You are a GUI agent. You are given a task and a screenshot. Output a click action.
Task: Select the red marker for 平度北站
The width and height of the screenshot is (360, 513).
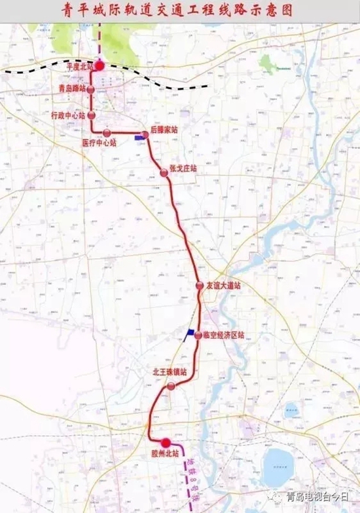[x=99, y=65]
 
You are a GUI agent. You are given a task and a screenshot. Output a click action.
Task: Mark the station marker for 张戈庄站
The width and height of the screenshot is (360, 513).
[x=164, y=173]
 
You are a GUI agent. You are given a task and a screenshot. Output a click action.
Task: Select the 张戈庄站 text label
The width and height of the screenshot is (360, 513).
[x=183, y=168]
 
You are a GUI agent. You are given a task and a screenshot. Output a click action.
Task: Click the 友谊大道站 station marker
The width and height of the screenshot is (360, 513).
[x=200, y=286]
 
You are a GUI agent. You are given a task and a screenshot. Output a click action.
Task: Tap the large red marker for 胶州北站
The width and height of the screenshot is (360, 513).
[x=166, y=443]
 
